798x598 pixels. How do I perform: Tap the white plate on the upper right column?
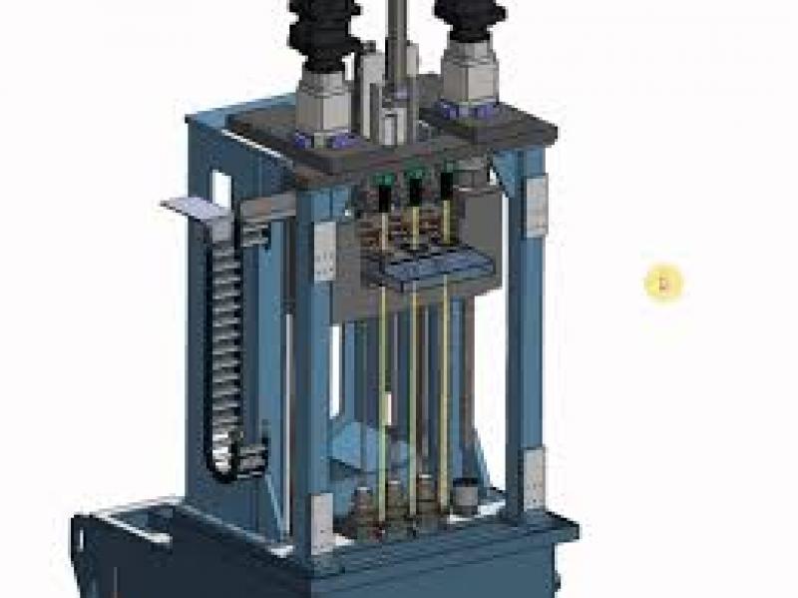tap(536, 206)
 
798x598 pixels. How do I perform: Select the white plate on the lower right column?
tap(534, 468)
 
